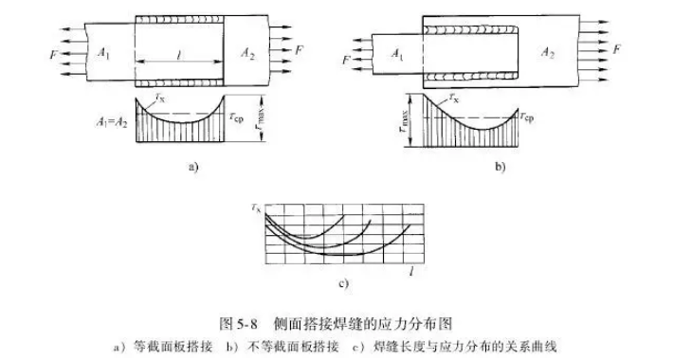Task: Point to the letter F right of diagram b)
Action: [617, 46]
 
